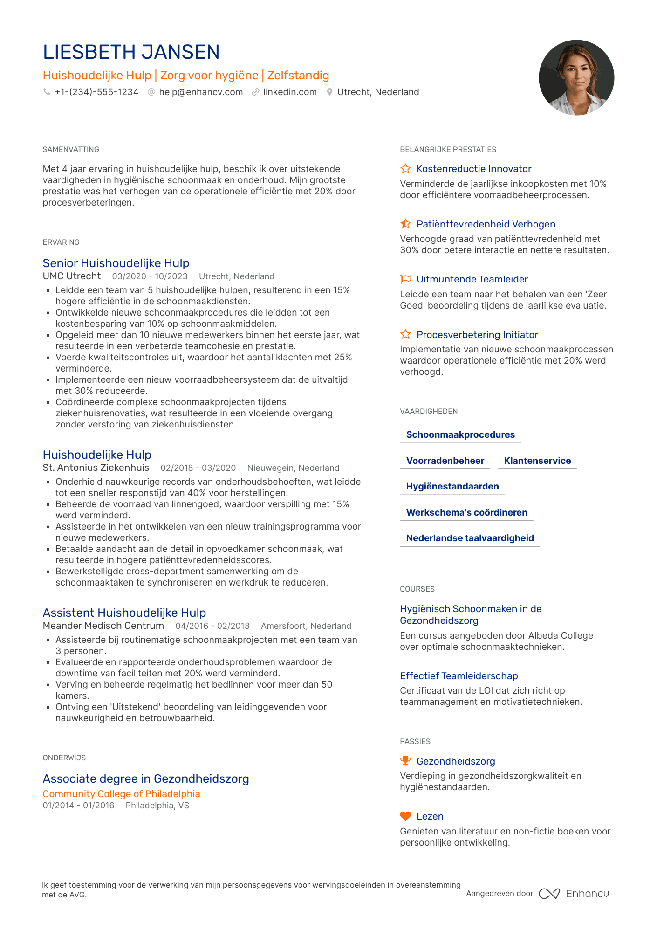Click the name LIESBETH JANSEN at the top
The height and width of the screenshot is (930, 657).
[x=131, y=52]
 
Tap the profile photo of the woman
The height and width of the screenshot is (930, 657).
[x=576, y=77]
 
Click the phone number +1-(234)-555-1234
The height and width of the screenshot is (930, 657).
[x=96, y=92]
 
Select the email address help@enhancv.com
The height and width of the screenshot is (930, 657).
[x=201, y=92]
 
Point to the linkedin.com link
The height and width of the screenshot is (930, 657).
[x=290, y=92]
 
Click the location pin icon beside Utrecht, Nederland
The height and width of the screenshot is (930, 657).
[x=329, y=92]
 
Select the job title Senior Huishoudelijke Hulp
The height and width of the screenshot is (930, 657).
[x=116, y=263]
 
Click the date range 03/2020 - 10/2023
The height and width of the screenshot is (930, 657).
[x=150, y=276]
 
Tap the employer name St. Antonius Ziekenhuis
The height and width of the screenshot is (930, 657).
[x=96, y=468]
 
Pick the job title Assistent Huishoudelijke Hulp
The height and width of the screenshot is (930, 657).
[x=124, y=613]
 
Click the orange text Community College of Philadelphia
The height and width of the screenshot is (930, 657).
[x=121, y=794]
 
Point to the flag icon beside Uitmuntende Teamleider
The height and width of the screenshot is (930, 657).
[x=405, y=279]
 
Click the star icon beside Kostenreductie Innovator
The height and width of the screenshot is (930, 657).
[x=405, y=169]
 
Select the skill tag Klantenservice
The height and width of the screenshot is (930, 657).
[x=537, y=461]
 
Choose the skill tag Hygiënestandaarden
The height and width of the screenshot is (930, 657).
[x=452, y=487]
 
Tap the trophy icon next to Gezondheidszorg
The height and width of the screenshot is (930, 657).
[x=405, y=761]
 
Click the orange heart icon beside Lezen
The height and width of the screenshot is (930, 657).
[x=405, y=816]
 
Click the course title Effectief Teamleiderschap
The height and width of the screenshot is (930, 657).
[x=459, y=676]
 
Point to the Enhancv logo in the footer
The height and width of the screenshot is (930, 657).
[x=574, y=894]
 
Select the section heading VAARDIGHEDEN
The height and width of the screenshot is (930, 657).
[x=429, y=412]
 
